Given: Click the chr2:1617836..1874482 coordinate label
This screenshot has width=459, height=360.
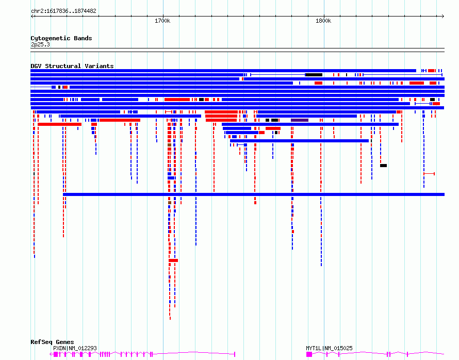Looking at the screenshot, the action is click(63, 11).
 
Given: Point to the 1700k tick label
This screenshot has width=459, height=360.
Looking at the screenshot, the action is click(162, 21).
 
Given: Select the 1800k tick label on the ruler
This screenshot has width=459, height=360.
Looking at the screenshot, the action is click(323, 21).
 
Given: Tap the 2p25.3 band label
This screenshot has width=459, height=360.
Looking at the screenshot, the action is click(40, 44).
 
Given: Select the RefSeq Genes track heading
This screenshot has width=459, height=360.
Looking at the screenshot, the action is click(52, 342).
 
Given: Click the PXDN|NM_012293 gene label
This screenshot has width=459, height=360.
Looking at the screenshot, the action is click(75, 348).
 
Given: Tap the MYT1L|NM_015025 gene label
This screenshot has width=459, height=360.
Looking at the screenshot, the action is click(329, 348).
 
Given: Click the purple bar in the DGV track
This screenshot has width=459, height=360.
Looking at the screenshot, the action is click(300, 120).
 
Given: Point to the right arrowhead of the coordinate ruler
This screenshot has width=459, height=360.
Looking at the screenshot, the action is click(443, 17).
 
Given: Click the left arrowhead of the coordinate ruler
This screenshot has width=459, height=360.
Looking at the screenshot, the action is click(32, 17).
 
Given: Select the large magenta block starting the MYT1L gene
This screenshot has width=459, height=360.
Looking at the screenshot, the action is click(309, 354).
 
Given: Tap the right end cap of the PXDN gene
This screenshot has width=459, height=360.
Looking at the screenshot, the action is click(235, 354).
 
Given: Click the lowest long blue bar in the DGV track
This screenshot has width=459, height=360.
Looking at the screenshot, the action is click(254, 194).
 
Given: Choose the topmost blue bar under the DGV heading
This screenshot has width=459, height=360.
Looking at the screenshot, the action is click(223, 71).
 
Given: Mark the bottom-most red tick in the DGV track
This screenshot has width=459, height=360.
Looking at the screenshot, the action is click(170, 318).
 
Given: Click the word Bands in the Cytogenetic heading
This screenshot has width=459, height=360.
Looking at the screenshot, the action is click(83, 38).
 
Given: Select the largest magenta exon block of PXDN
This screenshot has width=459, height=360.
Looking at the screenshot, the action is click(56, 354).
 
